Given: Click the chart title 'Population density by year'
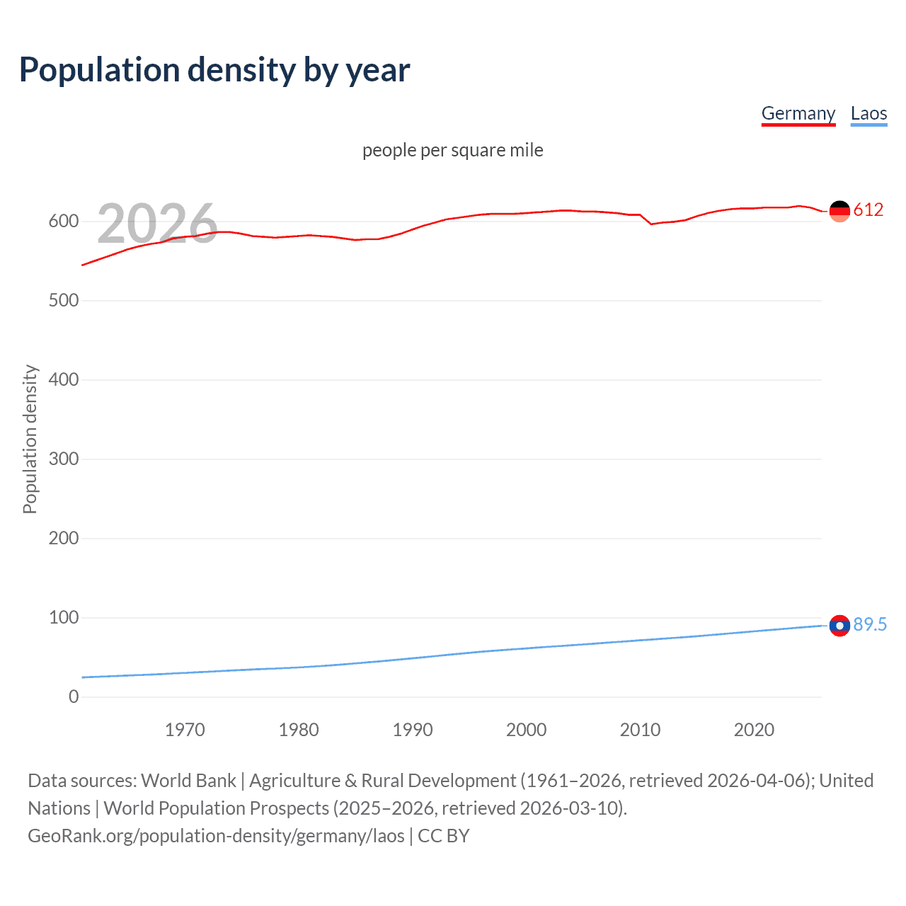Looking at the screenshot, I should [214, 70].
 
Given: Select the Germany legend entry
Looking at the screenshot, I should [798, 113].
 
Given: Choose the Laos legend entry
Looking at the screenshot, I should [868, 113].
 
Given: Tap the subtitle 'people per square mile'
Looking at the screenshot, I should [452, 150].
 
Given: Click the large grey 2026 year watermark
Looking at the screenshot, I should [157, 224].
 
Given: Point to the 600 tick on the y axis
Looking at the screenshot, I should [64, 222].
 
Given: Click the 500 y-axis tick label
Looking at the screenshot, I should [64, 301].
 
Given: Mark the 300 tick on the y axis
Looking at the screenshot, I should [64, 459].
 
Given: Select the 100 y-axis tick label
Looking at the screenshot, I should [64, 618].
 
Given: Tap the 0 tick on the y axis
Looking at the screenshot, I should [74, 697].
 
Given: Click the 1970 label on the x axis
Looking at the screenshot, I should [185, 730].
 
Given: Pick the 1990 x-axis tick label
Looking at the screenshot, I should [413, 730].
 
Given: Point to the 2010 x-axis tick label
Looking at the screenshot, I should [640, 730].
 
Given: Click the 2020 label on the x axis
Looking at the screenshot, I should [754, 730].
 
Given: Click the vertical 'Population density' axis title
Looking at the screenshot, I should [30, 439].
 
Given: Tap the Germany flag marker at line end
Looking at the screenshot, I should [839, 211].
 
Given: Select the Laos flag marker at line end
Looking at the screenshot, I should [839, 626].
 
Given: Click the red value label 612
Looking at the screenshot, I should [868, 210].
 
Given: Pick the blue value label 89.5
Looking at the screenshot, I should [870, 624].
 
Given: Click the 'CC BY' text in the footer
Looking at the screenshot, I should [444, 836].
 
